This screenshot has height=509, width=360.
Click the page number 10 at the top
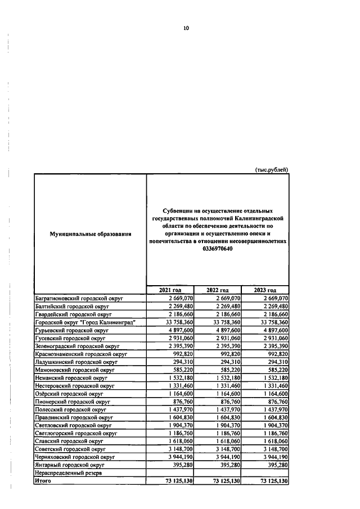coord(186,28)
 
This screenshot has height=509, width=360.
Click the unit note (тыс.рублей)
coord(272,169)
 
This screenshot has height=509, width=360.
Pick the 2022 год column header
coord(218,290)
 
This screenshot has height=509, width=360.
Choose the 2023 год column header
coord(265,290)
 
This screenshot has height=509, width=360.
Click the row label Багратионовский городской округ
coord(79,298)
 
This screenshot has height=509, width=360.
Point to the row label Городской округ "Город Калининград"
coord(85,322)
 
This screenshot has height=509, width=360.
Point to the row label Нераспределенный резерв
coord(68,474)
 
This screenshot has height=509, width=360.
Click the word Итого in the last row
coord(43,481)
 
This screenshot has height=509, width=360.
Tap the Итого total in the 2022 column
coord(225,481)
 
